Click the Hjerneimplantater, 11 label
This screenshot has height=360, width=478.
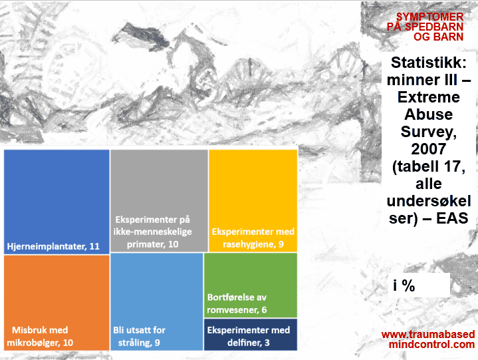tap(53, 246)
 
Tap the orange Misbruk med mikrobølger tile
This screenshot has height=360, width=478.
tap(57, 303)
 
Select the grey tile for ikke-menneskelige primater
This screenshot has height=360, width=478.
tap(159, 201)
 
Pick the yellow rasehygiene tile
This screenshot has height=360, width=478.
tap(253, 201)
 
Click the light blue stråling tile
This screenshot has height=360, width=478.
tap(157, 301)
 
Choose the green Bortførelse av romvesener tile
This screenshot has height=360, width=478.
tap(251, 285)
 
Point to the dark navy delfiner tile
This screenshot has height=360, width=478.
tap(251, 335)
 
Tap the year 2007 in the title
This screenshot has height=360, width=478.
tap(428, 149)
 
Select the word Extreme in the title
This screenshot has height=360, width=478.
tap(429, 97)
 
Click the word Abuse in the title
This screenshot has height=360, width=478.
tap(429, 114)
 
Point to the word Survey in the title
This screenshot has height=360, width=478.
tap(426, 132)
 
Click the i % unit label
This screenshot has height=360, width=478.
tap(404, 285)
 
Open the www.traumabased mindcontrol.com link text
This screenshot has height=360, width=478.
tap(428, 339)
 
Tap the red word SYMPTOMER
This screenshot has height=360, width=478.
tap(430, 17)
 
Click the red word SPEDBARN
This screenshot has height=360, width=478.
tap(434, 27)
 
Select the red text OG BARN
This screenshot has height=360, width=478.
tap(438, 37)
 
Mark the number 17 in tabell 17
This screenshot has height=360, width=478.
tap(452, 166)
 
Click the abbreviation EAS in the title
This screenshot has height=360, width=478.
tap(452, 218)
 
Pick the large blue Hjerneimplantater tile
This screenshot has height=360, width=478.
tap(57, 202)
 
